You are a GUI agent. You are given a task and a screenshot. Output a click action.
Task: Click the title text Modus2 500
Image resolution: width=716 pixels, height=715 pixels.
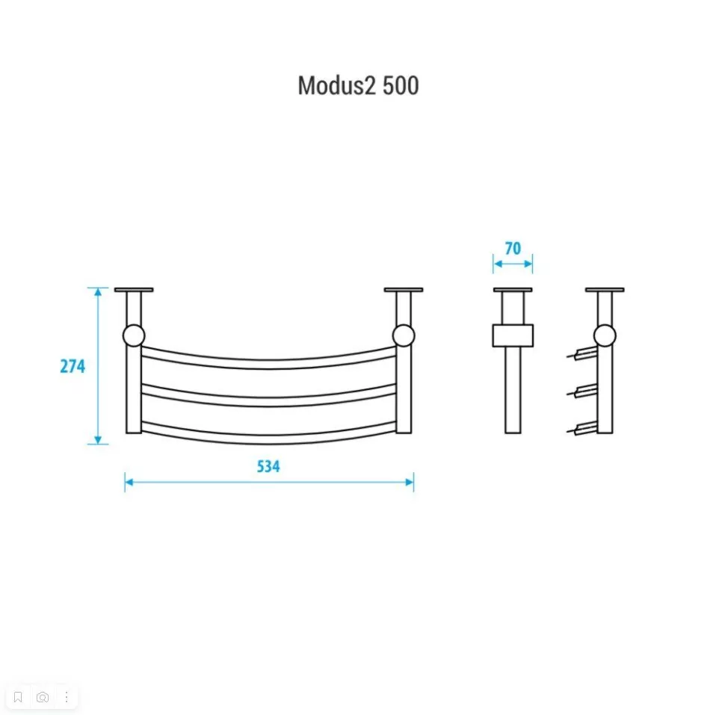[x=358, y=86]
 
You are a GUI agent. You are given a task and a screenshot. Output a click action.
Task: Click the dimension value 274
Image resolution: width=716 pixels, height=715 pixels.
[x=73, y=366]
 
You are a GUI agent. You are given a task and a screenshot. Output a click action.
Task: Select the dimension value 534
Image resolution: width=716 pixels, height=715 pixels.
[x=268, y=467]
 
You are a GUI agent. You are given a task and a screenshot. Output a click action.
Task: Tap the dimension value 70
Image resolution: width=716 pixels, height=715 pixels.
[x=513, y=249]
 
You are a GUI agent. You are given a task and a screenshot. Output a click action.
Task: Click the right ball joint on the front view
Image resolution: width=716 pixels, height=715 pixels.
[x=403, y=335]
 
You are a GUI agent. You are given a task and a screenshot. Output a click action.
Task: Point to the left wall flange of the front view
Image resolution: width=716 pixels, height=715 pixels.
[x=134, y=290]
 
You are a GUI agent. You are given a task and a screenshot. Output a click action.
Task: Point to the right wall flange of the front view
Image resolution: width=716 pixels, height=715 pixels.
[x=404, y=290]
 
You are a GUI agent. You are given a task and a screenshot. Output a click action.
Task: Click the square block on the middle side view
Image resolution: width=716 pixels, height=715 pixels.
[x=513, y=335]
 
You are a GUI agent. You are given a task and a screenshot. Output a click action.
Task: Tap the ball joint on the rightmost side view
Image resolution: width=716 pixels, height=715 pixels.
[x=605, y=335]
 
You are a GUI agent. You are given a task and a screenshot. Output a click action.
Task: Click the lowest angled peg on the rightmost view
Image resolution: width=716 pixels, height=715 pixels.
[x=581, y=428]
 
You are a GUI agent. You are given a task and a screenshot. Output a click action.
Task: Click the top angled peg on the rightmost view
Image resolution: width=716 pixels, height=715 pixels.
[x=581, y=353]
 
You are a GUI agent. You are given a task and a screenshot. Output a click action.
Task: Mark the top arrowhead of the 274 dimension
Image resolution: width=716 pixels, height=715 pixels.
[x=97, y=292]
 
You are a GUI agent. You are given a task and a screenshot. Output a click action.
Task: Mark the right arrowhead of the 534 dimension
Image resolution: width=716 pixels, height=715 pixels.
[x=410, y=482]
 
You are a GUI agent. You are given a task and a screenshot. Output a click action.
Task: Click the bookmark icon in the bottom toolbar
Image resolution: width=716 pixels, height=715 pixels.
[x=19, y=697]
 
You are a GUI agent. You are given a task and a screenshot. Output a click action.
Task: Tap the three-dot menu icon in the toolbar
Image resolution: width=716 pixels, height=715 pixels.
[x=67, y=697]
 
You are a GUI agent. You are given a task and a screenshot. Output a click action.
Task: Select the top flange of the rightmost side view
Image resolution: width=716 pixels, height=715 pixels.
[x=605, y=290]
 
